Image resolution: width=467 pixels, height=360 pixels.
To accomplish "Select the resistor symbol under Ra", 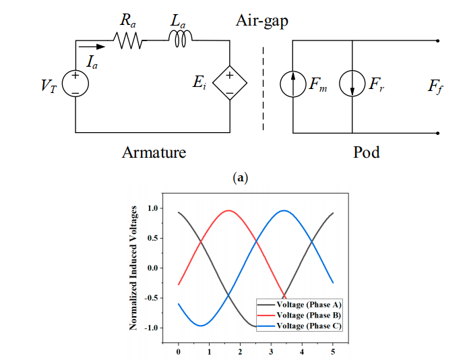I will click(129, 42).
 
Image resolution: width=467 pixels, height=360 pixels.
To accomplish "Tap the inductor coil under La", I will click(180, 42).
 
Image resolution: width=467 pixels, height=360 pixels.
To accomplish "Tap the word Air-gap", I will click(262, 20).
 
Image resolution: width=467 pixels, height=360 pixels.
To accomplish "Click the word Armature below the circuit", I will click(154, 152).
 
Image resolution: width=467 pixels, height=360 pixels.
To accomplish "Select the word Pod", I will click(367, 152).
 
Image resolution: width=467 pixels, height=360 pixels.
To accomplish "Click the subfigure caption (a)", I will click(240, 178).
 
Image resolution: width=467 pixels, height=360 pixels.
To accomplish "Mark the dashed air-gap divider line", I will click(263, 88).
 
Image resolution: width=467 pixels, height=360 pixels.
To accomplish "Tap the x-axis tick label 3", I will click(271, 351).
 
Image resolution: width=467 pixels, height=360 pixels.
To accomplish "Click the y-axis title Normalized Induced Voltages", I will click(134, 269).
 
